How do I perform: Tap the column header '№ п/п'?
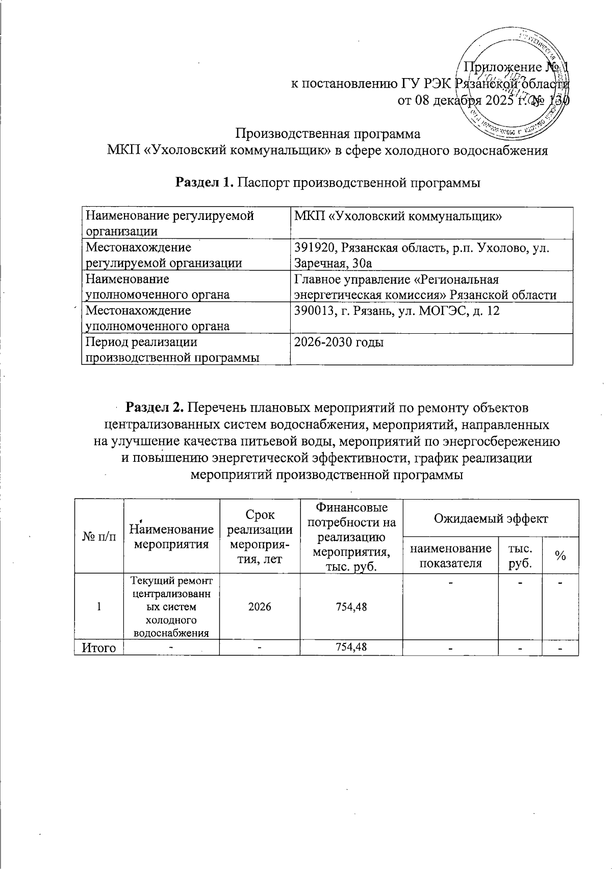(x=98, y=536)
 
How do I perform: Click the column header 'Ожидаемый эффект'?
(x=490, y=519)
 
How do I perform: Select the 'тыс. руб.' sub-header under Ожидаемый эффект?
(x=520, y=556)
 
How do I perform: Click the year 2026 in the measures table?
(x=260, y=607)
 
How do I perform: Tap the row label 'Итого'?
(x=98, y=648)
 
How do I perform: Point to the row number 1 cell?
(x=98, y=607)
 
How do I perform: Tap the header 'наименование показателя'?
(x=450, y=556)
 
